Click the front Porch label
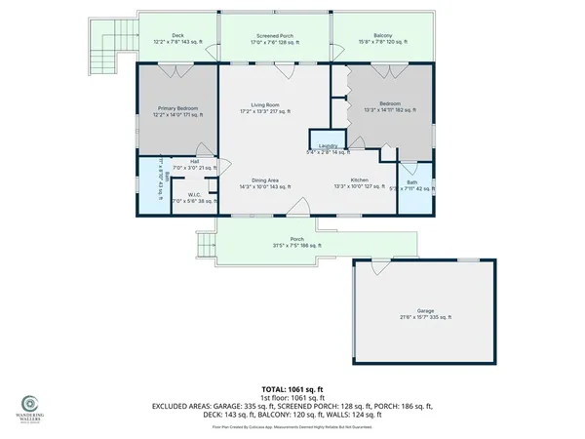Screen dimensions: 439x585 coord(297,242)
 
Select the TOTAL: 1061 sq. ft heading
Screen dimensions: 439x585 coord(292,389)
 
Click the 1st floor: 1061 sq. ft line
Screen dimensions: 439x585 coord(292,399)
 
